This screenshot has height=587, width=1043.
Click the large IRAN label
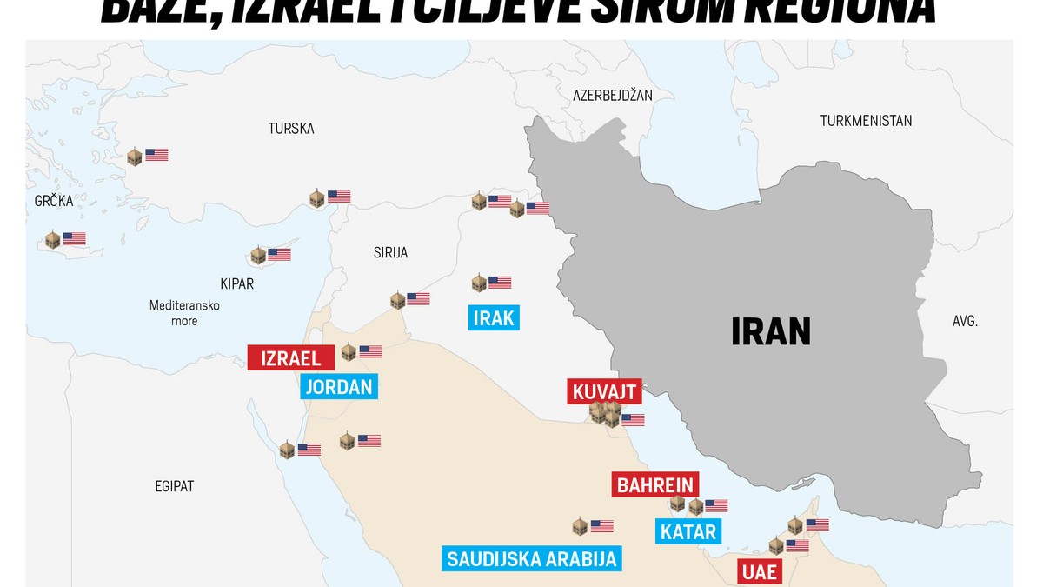tap(771, 331)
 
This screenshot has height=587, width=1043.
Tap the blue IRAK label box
tap(494, 318)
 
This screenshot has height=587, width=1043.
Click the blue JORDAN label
tap(340, 386)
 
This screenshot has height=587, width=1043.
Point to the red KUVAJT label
tap(605, 392)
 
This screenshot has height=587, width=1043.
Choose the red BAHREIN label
tap(655, 484)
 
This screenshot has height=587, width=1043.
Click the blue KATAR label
tap(688, 531)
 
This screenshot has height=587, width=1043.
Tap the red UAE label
tap(758, 572)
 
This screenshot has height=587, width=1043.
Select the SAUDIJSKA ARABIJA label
tap(532, 558)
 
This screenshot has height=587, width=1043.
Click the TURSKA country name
tap(291, 129)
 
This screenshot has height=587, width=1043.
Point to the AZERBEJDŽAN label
tap(612, 94)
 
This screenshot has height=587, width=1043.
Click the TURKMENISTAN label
tap(866, 121)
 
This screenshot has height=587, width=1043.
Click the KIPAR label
tap(236, 284)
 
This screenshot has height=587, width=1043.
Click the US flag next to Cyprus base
tap(279, 255)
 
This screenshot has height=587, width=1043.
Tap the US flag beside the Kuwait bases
tap(633, 420)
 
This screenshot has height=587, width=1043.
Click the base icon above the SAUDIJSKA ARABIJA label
tap(580, 526)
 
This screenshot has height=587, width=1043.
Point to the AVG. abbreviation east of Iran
tap(965, 321)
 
